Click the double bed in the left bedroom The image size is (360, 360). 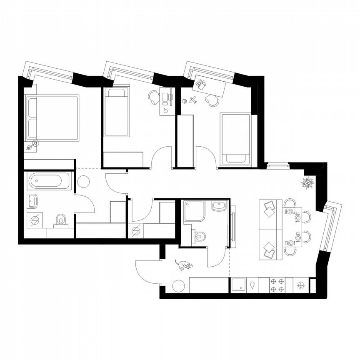52,118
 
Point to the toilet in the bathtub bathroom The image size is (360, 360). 61,220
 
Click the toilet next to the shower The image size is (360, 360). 200,237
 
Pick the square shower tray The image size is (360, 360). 195,211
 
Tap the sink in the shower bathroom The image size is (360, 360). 218,206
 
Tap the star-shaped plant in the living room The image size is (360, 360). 309,183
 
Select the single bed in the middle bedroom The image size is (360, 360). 117,112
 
